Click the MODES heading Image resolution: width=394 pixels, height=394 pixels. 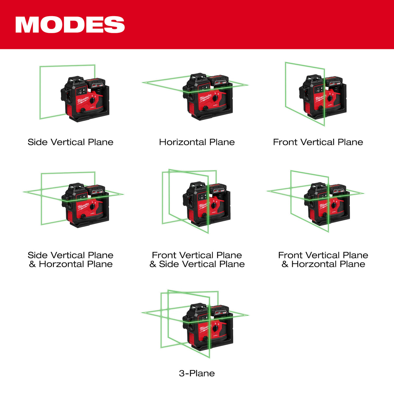click(x=70, y=25)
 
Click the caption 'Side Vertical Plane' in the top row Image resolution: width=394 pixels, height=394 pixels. click(x=70, y=142)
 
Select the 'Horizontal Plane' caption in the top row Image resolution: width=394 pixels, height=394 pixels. click(x=197, y=142)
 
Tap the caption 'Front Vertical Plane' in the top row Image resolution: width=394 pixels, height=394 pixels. click(x=318, y=142)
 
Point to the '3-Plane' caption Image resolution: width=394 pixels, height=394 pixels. click(x=197, y=373)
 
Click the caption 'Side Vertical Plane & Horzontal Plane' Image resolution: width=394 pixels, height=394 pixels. click(x=70, y=260)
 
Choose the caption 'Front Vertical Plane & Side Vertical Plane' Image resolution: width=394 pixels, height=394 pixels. click(x=197, y=260)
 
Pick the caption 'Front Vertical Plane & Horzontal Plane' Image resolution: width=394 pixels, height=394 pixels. click(x=323, y=260)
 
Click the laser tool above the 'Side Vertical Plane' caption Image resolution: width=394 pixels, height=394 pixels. click(x=85, y=99)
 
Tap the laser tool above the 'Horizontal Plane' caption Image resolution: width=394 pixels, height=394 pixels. click(x=208, y=97)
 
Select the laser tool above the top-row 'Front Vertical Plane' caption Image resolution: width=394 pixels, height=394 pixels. click(x=323, y=97)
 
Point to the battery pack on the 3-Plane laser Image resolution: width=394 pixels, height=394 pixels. click(x=220, y=311)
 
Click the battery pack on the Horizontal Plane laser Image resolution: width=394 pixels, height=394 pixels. click(x=219, y=81)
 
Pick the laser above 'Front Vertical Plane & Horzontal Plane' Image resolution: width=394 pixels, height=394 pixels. click(x=327, y=204)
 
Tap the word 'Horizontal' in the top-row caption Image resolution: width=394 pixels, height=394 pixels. click(x=182, y=142)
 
